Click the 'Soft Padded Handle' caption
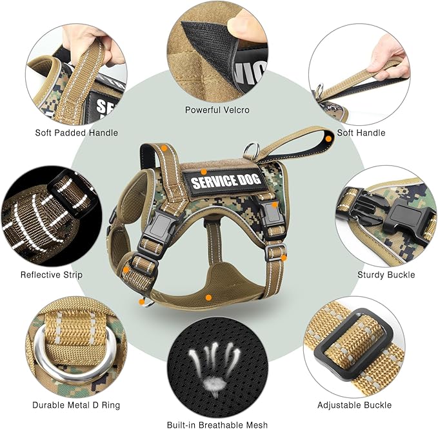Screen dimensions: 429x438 [x=77, y=133]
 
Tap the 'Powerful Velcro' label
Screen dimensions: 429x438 [x=217, y=110]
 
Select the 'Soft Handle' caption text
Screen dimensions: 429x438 [x=361, y=133]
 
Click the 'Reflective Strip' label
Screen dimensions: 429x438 [x=52, y=275]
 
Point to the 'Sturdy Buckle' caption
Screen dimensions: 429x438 [x=386, y=275]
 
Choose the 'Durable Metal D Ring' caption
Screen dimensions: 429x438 [x=77, y=406]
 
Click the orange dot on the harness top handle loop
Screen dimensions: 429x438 [x=329, y=138]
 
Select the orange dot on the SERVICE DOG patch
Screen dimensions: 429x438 [x=203, y=172]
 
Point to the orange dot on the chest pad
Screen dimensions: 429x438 [x=208, y=297]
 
